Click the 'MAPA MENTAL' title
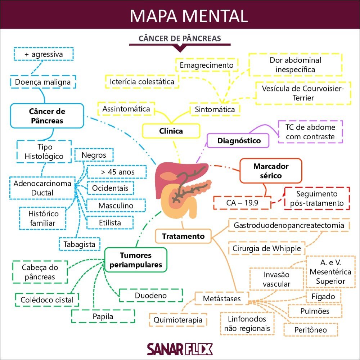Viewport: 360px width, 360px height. coord(189,15)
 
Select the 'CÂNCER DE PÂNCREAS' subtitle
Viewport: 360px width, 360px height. coord(180,39)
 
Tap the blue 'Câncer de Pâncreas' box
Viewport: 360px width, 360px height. coord(47,116)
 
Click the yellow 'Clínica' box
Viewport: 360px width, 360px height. coord(171,131)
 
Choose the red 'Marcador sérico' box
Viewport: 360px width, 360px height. coord(271,171)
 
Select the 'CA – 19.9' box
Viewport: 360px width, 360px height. coord(242,202)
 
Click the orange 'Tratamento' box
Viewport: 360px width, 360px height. coord(183,236)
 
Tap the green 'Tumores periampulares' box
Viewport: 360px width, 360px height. coord(136,260)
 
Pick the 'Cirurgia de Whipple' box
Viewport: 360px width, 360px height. coord(266,248)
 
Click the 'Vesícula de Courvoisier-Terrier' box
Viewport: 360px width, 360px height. coord(303,93)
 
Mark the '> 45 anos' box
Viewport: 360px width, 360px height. coord(117,172)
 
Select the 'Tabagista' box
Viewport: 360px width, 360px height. coord(80,244)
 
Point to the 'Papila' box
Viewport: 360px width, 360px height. coord(103,316)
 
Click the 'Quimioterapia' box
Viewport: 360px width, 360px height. coord(178,320)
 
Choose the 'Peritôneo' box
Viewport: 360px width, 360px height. coord(310,330)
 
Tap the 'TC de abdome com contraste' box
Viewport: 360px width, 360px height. coord(310,132)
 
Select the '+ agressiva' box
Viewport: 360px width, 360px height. coord(44,54)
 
